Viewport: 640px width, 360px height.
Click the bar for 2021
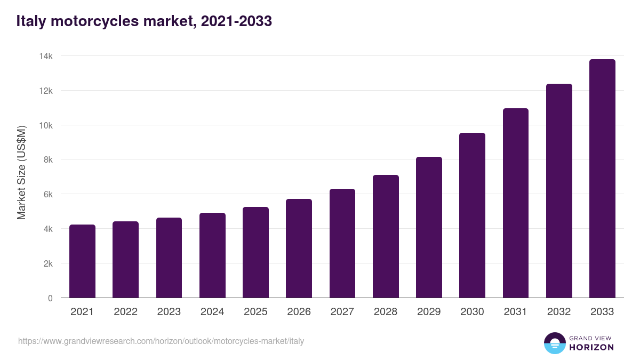click(x=82, y=261)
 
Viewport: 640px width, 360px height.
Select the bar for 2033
click(x=602, y=179)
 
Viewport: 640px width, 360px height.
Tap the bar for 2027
click(x=342, y=243)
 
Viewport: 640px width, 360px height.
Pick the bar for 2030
click(x=472, y=215)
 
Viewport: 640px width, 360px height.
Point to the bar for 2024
click(x=212, y=255)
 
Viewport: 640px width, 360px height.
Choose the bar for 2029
click(x=429, y=227)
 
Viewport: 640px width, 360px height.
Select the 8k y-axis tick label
click(x=47, y=159)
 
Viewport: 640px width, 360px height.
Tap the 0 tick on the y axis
click(x=50, y=298)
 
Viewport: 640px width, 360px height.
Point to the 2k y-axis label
click(x=47, y=263)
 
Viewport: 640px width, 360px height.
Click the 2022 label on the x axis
click(x=125, y=312)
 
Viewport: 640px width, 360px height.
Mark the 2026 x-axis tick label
click(x=299, y=312)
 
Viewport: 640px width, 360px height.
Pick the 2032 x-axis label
click(x=559, y=312)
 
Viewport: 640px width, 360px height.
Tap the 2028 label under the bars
click(x=386, y=312)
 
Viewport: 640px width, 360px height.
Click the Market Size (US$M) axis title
click(x=21, y=172)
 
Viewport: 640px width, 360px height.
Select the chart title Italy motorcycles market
click(x=144, y=21)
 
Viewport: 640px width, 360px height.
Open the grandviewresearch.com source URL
click(x=161, y=341)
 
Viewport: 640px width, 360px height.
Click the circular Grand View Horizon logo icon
click(x=555, y=343)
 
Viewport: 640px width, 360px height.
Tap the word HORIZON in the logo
click(x=591, y=347)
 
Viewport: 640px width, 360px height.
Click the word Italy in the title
click(x=31, y=21)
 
